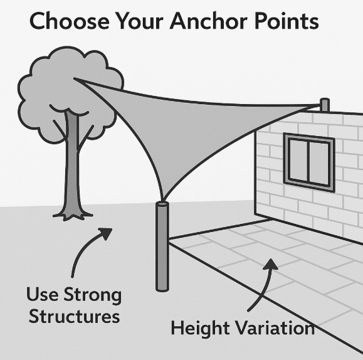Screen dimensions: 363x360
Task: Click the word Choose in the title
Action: pyautogui.click(x=69, y=21)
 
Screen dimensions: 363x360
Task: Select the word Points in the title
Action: pyautogui.click(x=287, y=21)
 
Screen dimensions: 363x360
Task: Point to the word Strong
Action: pyautogui.click(x=92, y=295)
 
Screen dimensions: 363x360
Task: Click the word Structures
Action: pyautogui.click(x=75, y=316)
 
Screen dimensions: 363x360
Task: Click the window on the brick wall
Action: pyautogui.click(x=309, y=162)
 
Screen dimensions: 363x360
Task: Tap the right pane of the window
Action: pyautogui.click(x=319, y=164)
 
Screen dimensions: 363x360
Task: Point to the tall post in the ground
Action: pyautogui.click(x=162, y=246)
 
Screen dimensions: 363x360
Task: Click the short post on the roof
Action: pyautogui.click(x=325, y=105)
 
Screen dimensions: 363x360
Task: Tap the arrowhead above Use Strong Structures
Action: pyautogui.click(x=106, y=233)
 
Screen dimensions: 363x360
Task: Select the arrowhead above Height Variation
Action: pyautogui.click(x=270, y=264)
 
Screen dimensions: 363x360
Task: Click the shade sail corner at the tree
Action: pyautogui.click(x=74, y=78)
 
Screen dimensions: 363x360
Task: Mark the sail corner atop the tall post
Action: pyautogui.click(x=163, y=201)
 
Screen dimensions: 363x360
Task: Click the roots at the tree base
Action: pyautogui.click(x=73, y=216)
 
